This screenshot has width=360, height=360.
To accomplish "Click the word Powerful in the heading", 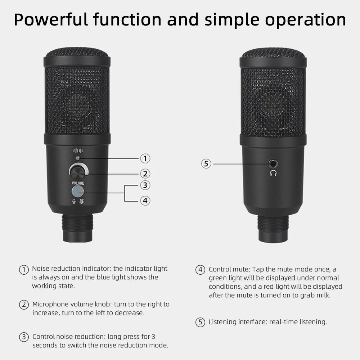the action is pos(51,19).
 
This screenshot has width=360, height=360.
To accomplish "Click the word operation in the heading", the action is pos(305,20).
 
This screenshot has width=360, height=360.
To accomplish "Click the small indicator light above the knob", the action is pos(78,158).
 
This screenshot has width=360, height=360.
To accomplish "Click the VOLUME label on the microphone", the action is pos(78,183).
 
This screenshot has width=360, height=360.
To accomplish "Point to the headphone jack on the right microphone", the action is pos(273,164).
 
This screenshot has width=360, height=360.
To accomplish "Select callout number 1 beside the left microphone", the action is pos(145,158).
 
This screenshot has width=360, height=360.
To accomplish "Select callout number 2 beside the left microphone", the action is pos(145,174).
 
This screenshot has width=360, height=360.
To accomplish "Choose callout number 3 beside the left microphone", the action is pos(145,185).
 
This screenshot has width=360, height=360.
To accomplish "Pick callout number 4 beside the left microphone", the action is pos(145,201).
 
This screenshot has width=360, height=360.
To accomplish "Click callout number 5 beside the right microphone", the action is pos(206,164).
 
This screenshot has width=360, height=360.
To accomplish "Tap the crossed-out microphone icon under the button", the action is pos(81,201).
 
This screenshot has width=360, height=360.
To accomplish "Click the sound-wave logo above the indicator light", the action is pos(78,150).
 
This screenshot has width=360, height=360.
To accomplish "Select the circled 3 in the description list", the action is pos(24,337).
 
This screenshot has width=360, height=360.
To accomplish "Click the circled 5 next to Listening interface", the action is pos(200,322).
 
